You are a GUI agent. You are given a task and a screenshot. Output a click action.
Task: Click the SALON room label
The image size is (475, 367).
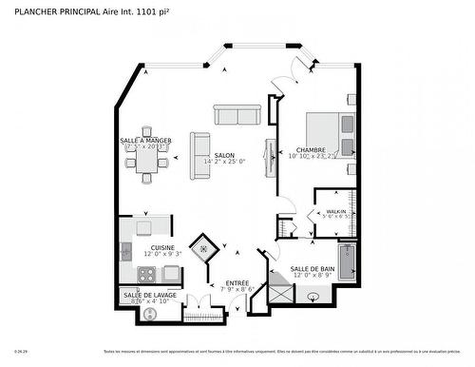click(224, 155)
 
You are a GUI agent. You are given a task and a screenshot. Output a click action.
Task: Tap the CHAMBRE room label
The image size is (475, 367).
click(312, 149)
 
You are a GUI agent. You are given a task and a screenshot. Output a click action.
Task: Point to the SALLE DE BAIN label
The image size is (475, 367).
click(313, 269)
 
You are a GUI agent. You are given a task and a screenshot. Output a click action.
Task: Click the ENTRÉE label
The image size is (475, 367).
click(237, 281)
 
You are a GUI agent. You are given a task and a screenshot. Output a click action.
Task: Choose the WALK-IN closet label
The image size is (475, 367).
click(336, 210)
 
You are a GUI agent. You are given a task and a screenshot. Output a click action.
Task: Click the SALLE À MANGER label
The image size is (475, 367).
click(146, 140)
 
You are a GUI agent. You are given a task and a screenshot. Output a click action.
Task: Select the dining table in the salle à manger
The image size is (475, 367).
click(146, 163)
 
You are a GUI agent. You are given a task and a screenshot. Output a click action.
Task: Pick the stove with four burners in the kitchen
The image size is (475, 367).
click(147, 275)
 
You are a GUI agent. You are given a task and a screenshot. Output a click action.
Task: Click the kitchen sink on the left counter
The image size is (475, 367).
click(125, 253)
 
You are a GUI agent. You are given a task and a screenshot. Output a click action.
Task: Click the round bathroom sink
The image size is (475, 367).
click(313, 298)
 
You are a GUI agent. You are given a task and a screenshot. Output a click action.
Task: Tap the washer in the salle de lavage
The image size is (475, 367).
click(149, 313)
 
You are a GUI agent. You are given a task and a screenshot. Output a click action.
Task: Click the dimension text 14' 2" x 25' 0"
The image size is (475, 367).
click(224, 162)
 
